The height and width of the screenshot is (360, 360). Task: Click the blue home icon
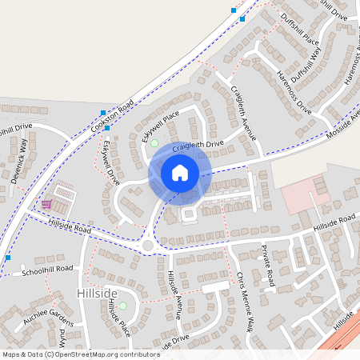(x=180, y=173)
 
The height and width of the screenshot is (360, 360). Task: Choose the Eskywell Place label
(x=157, y=127)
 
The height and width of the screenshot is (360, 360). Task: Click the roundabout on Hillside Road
(x=146, y=245)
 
